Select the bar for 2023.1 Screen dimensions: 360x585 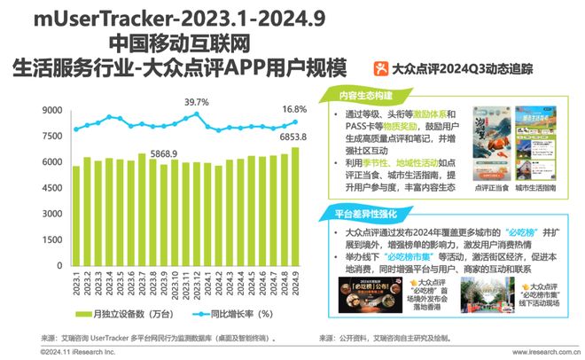[76, 221]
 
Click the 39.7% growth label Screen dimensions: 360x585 [197, 104]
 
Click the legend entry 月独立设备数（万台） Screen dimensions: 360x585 [129, 313]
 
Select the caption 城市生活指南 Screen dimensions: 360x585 [534, 189]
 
